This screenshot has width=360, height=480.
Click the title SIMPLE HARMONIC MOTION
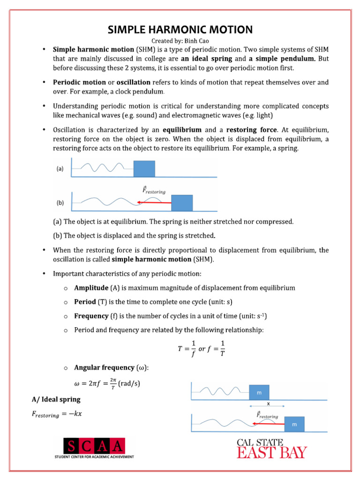click(180, 30)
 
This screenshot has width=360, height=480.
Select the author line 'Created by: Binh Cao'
click(180, 41)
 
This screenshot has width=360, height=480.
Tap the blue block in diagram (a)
click(144, 169)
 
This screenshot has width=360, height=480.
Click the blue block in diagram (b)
click(182, 203)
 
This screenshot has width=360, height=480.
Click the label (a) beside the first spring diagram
click(60, 170)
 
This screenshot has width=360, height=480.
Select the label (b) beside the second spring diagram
click(60, 203)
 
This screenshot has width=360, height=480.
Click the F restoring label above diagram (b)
click(154, 191)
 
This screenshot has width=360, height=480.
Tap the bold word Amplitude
click(91, 288)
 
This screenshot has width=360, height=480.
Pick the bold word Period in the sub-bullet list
click(85, 302)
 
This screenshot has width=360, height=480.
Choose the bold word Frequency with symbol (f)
click(91, 316)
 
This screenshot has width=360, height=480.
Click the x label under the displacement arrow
click(268, 403)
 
